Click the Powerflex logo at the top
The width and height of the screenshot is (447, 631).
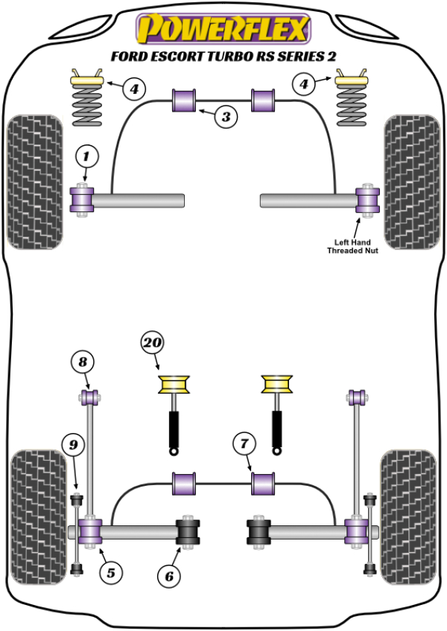(x=222, y=29)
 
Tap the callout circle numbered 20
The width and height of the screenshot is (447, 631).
(x=150, y=343)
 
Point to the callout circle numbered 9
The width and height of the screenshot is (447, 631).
(x=73, y=446)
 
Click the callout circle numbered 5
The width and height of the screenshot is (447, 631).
(x=110, y=572)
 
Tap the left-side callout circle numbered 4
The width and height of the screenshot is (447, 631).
(x=132, y=91)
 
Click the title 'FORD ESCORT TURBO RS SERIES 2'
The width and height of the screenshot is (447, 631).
(x=223, y=56)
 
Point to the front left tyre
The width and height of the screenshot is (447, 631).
(x=34, y=181)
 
